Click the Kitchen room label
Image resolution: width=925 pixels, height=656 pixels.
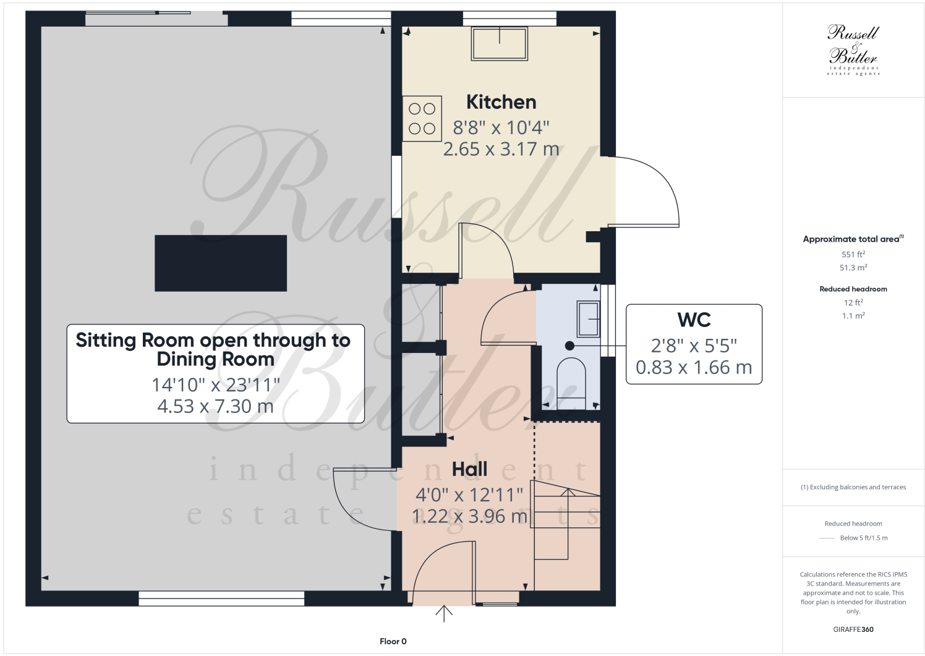click(x=501, y=102)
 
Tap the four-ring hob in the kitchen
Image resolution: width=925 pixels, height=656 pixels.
click(x=422, y=119)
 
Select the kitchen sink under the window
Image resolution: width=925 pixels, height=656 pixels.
click(x=500, y=44)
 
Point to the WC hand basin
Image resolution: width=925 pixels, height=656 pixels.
click(x=587, y=318)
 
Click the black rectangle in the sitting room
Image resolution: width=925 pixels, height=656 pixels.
click(x=221, y=263)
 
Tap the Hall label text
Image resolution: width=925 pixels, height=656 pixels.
click(x=469, y=469)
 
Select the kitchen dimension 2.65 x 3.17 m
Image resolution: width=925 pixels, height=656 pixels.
click(x=501, y=149)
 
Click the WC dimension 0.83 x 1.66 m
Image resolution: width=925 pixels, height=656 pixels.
click(x=694, y=367)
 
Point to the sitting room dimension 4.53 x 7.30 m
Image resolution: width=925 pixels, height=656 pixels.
click(x=215, y=406)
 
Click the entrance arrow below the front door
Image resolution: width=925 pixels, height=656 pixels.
click(x=444, y=613)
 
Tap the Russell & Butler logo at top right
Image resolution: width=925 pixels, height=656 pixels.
click(x=853, y=49)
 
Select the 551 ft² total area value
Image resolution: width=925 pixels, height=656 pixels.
click(x=853, y=254)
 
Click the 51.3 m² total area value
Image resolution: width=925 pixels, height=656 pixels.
click(x=853, y=268)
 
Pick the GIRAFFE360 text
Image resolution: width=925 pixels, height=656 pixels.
click(x=853, y=629)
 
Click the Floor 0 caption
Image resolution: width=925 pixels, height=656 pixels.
click(x=393, y=641)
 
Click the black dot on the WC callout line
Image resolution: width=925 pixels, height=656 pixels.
click(x=569, y=346)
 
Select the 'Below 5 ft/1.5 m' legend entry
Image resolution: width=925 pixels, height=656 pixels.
click(x=863, y=538)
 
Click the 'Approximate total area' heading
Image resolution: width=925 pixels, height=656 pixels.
click(x=852, y=239)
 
